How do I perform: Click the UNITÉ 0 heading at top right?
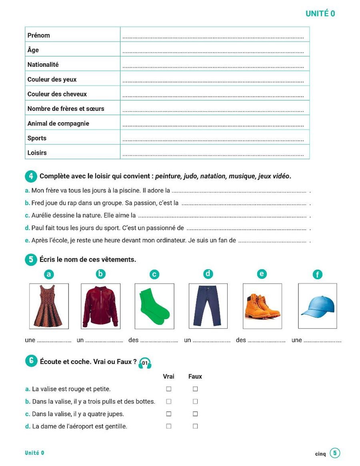tap(320, 14)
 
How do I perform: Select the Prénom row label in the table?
tap(39, 35)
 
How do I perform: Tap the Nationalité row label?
tap(43, 64)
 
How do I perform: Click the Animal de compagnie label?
tap(58, 124)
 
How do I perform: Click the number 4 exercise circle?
tap(30, 176)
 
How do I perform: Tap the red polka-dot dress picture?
tap(49, 306)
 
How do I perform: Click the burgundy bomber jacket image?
tap(101, 306)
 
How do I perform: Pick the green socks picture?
tap(154, 306)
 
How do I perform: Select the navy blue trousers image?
tap(208, 306)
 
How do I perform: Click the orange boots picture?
tap(262, 306)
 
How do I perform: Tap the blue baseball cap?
tap(317, 306)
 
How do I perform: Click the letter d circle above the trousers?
tap(208, 274)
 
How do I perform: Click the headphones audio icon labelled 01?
tap(145, 363)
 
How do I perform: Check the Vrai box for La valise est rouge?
tap(169, 389)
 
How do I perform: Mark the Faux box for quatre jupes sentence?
tap(195, 414)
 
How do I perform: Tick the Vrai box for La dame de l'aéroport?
tap(169, 426)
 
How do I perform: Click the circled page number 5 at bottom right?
tap(335, 453)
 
